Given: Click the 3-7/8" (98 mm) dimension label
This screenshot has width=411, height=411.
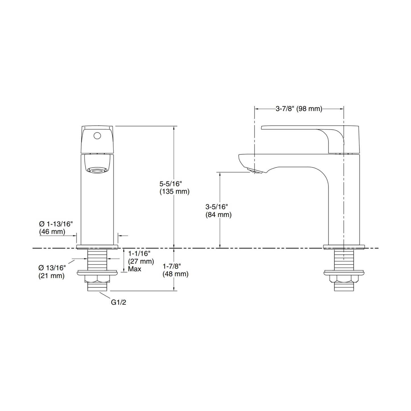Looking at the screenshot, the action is point(299,109).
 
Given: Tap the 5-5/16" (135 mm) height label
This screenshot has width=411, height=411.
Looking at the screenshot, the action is point(174,187).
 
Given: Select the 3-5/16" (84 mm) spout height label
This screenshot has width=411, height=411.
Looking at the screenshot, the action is point(218,210).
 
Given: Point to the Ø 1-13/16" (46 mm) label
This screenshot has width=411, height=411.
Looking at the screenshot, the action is point(56,228).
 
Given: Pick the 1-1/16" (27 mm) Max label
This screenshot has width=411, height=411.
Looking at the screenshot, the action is point(141,261).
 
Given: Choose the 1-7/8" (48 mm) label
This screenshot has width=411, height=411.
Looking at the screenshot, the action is point(175,270).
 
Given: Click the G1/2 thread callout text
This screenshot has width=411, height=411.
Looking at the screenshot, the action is point(118,302).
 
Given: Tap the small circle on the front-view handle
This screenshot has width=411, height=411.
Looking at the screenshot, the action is point(97,136).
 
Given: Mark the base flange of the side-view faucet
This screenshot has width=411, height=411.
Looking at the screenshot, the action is point(344,247).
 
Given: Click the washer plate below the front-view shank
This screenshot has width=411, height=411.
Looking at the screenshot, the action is point(97,273).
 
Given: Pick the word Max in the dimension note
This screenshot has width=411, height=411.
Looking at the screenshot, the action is point(135,269).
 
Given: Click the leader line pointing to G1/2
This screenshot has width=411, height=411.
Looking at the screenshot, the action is point(105,296).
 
